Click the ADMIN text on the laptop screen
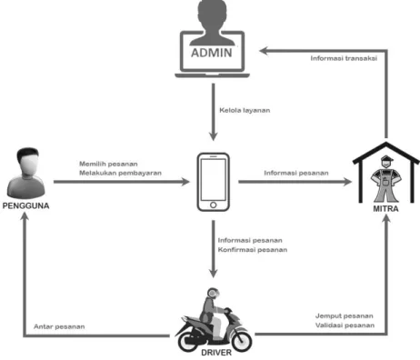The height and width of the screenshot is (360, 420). point(212,53)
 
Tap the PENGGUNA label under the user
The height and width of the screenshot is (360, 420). point(25,205)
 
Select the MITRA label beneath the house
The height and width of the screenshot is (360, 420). point(385,209)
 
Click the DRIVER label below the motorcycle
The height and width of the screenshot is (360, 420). point(216,353)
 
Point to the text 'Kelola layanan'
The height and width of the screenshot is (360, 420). point(245,110)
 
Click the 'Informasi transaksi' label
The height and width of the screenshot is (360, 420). point(344,58)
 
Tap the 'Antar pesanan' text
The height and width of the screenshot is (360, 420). point(59,326)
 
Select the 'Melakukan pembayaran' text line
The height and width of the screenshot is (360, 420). point(120,173)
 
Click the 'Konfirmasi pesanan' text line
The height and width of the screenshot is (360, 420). point(253,250)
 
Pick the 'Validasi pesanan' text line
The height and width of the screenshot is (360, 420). point(345,325)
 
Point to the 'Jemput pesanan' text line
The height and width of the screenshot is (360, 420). point(345,316)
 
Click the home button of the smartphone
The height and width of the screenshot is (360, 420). point(213,205)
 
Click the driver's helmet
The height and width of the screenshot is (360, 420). point(214,293)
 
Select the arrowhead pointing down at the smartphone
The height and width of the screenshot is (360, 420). point(214,135)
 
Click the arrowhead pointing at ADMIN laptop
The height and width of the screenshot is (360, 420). point(265,51)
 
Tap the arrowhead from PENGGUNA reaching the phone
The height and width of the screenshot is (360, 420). point(185,182)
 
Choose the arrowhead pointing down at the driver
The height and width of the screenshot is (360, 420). point(214,273)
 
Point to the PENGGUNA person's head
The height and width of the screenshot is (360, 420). point(28,160)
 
